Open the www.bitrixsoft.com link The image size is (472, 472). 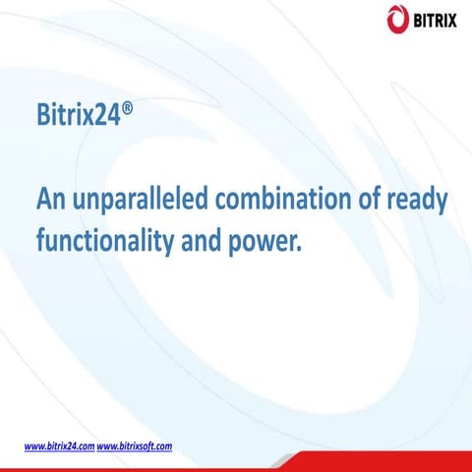click(136, 445)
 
